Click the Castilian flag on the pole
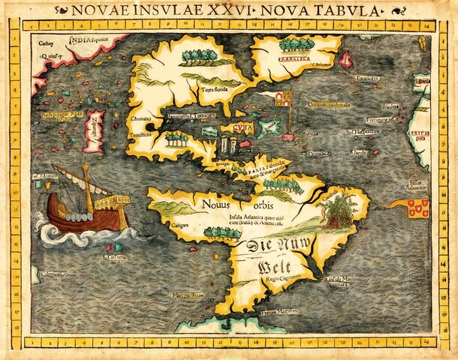[282, 98]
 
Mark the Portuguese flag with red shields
[419, 206]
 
